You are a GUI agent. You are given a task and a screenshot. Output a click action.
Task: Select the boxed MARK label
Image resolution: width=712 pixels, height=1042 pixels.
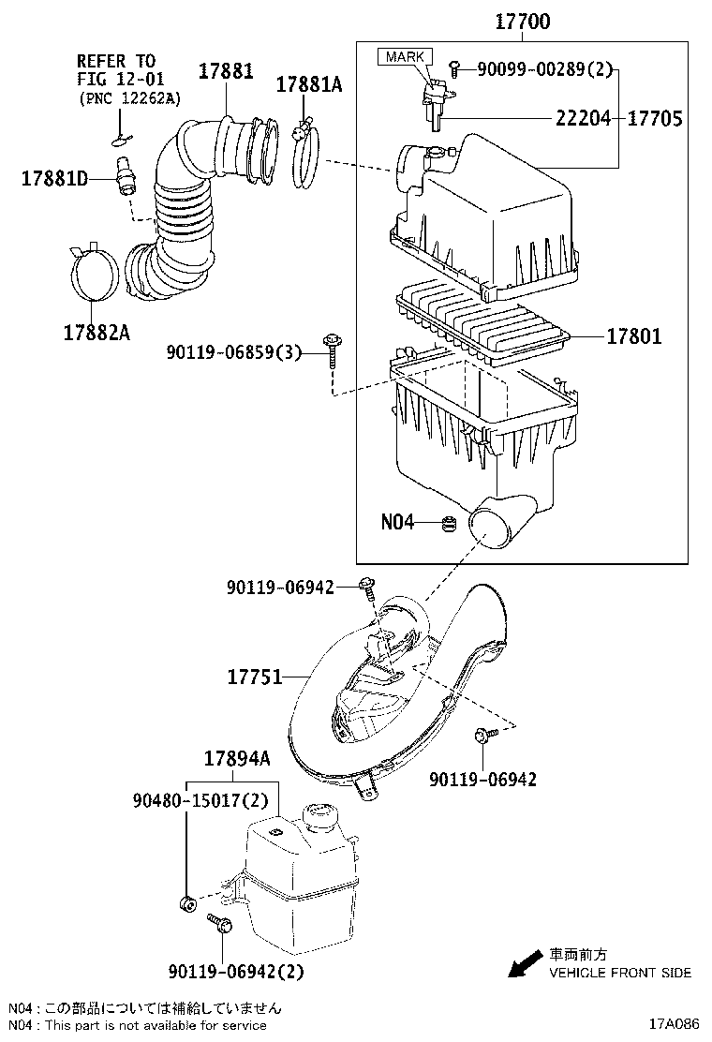click(405, 57)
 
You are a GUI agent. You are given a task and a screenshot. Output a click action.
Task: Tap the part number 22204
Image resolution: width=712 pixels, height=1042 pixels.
click(583, 119)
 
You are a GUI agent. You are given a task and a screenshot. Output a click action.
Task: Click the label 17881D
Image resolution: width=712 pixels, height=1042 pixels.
click(54, 177)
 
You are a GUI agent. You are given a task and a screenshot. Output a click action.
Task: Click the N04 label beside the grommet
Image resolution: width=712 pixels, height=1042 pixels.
click(397, 522)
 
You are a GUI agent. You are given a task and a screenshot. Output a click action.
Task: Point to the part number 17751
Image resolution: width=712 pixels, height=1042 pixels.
click(254, 676)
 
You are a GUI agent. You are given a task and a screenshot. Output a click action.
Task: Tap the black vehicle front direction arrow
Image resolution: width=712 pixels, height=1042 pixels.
click(525, 962)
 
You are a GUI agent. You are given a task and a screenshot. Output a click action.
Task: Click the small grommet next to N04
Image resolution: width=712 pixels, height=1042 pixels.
click(449, 524)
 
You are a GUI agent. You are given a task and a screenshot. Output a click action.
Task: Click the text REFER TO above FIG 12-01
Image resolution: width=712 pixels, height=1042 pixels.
click(116, 62)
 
